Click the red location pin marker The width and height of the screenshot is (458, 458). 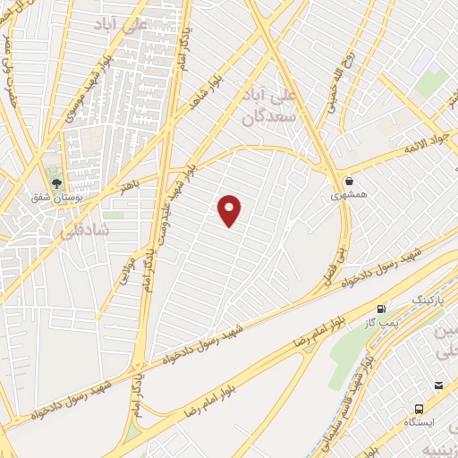230,209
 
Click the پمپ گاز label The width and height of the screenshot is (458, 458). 386,321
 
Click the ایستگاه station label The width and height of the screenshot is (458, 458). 420,420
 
